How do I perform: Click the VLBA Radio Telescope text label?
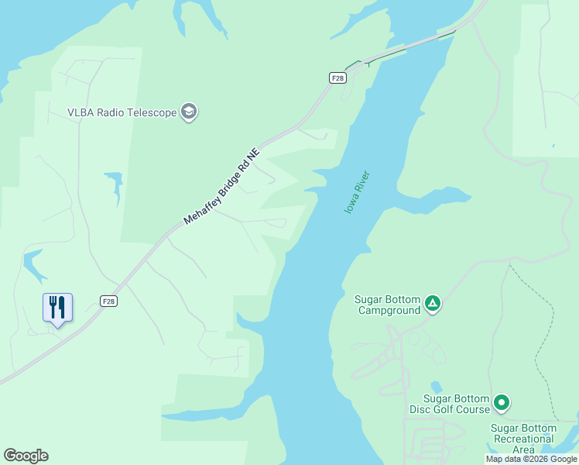122,112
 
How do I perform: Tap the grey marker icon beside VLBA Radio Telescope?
188,112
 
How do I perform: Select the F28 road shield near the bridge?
337,77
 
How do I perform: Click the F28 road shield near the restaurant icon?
108,301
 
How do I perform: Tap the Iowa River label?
357,193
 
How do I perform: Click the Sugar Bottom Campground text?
387,305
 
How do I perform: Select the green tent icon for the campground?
433,304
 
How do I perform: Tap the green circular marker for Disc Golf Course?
502,402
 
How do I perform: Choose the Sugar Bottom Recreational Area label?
523,439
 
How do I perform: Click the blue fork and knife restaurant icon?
57,308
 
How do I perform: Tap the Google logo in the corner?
26,456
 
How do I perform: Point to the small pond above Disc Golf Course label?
436,386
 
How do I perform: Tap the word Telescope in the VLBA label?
151,112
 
